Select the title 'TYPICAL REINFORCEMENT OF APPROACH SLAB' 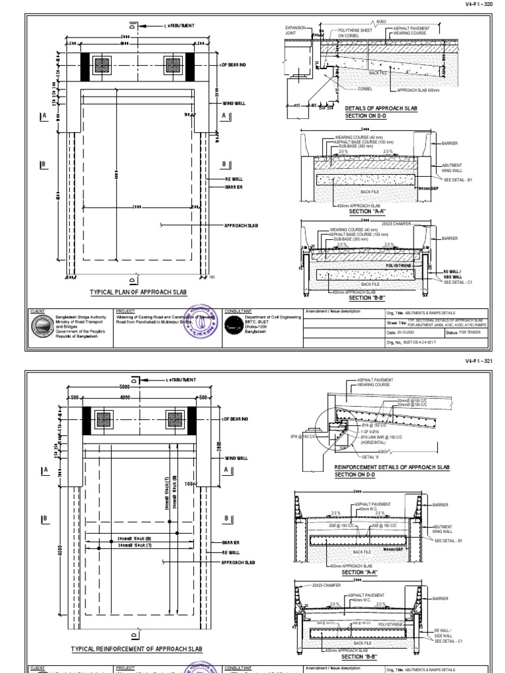(137, 649)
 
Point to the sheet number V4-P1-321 (478, 361)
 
